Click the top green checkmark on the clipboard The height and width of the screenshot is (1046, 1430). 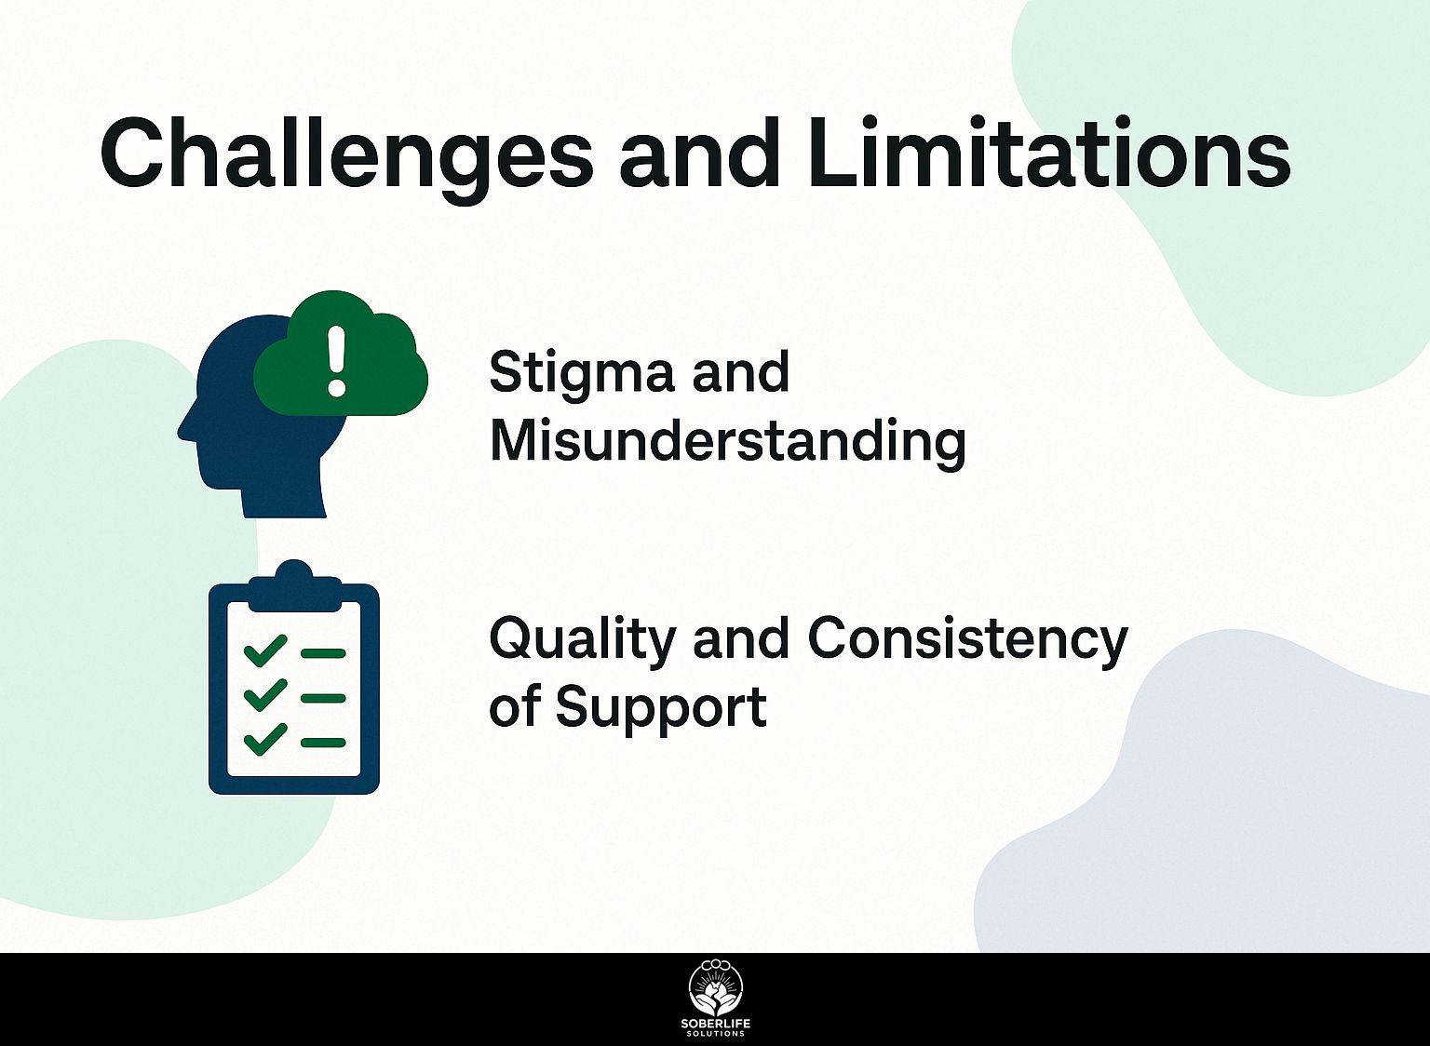265,650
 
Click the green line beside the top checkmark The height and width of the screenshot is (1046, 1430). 323,653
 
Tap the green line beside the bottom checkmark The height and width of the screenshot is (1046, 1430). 323,743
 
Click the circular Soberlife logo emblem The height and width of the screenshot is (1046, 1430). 716,988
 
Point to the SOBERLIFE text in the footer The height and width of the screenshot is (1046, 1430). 716,1025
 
